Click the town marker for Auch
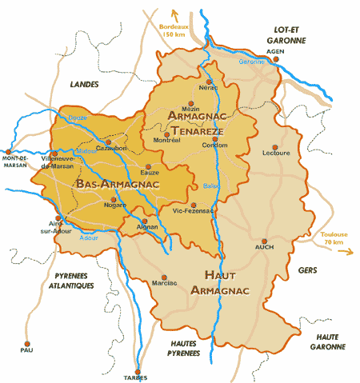tap(264, 240)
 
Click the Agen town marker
tap(274, 60)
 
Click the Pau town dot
tap(22, 339)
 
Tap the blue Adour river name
tap(90, 237)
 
